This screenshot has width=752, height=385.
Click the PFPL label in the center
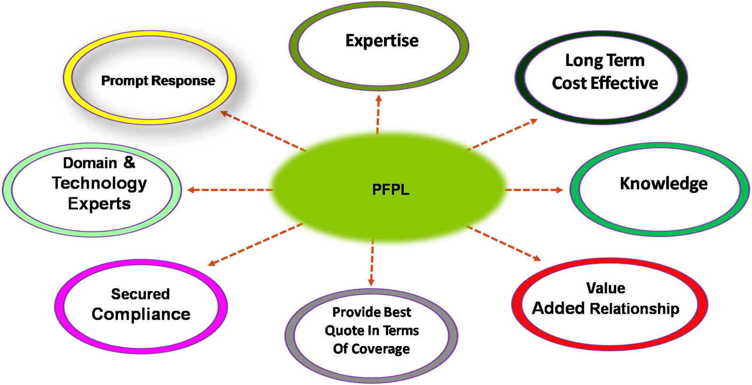[x=391, y=189]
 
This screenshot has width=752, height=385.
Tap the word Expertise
[x=383, y=40]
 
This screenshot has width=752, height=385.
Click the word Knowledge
[x=664, y=183]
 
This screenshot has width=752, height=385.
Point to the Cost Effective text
[x=605, y=83]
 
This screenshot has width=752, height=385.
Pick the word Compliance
[x=141, y=313]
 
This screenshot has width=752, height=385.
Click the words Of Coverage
[x=371, y=349]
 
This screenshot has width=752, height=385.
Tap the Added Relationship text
[x=607, y=308]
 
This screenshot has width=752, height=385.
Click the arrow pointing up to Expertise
[x=378, y=113]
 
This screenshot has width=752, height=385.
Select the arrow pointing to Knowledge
[x=536, y=190]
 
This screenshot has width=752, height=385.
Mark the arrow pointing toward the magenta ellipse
[x=254, y=245]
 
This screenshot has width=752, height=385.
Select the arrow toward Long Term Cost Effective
[x=505, y=134]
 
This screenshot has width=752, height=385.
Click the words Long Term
[x=605, y=61]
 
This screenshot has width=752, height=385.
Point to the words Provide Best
[x=372, y=312]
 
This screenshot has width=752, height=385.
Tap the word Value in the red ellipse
[x=606, y=287]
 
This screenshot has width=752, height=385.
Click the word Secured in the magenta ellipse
[x=140, y=294]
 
